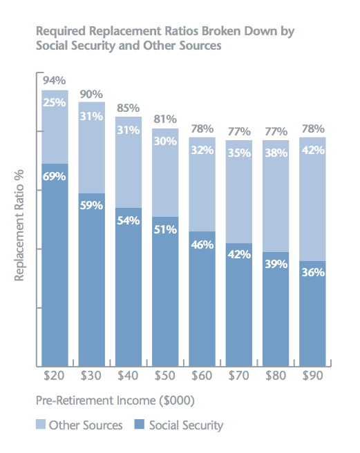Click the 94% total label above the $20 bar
point(55,80)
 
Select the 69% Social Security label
point(55,176)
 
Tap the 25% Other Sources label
point(55,102)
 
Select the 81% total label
point(165,118)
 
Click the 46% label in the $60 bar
point(202,244)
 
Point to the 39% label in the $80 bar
point(276,264)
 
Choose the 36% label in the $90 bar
point(313,273)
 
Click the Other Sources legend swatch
point(40,425)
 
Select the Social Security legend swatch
point(140,425)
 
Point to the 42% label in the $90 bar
point(313,149)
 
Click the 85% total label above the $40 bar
point(129,108)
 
